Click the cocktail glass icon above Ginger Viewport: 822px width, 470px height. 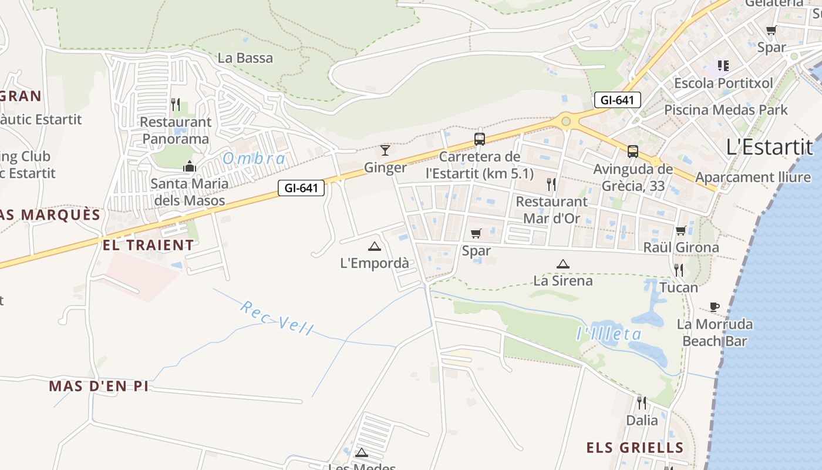[385, 150]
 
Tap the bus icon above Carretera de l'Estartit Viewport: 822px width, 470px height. [480, 139]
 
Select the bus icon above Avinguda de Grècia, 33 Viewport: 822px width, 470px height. [632, 152]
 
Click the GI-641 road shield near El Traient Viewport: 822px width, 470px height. [301, 188]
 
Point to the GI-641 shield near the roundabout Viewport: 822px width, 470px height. [617, 100]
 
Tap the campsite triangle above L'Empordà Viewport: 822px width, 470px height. [375, 246]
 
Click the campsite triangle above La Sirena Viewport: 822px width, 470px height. [562, 264]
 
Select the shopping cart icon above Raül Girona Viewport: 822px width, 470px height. [681, 230]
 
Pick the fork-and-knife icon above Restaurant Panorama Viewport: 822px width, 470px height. [176, 105]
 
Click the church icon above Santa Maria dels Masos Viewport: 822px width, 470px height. [189, 167]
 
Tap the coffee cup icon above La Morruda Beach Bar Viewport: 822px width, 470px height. [714, 307]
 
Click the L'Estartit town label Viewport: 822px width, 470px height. [769, 147]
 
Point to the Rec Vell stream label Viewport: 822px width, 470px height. [277, 318]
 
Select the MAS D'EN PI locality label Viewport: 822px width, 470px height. [99, 386]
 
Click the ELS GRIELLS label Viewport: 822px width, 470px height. [635, 448]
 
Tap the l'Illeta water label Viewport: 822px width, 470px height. [608, 334]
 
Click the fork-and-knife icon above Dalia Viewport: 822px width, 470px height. [642, 403]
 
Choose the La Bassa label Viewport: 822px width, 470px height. [245, 58]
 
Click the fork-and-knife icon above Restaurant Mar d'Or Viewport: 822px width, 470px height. [551, 184]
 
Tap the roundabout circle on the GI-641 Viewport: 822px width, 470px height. [565, 122]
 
